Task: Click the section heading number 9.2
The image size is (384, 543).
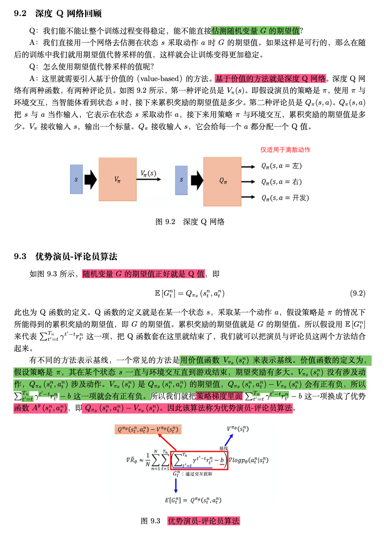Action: [20, 14]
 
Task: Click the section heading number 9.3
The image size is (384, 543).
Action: [20, 256]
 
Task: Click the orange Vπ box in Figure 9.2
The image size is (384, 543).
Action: [117, 179]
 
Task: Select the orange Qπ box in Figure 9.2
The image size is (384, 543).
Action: [222, 181]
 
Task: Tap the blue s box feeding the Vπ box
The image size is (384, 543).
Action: [76, 179]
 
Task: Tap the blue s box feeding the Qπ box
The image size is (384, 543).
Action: [181, 180]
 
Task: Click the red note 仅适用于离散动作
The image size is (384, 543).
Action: [285, 150]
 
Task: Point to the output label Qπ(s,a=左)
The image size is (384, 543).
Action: [281, 166]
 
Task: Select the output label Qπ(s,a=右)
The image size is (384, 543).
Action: [281, 182]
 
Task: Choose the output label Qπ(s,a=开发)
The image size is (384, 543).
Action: [285, 198]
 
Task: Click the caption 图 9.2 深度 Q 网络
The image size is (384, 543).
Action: [190, 222]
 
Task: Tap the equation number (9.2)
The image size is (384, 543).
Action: [357, 293]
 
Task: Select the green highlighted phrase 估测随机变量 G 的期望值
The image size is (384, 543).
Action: [256, 31]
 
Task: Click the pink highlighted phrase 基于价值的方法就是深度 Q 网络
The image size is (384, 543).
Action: [270, 78]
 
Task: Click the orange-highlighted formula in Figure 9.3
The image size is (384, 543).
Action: [148, 429]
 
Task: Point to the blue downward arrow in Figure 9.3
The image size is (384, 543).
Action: [176, 485]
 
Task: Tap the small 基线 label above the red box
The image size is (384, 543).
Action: [223, 448]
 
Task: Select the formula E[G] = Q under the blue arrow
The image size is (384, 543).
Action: [193, 500]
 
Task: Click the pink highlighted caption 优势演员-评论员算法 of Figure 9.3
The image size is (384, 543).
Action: [204, 521]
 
